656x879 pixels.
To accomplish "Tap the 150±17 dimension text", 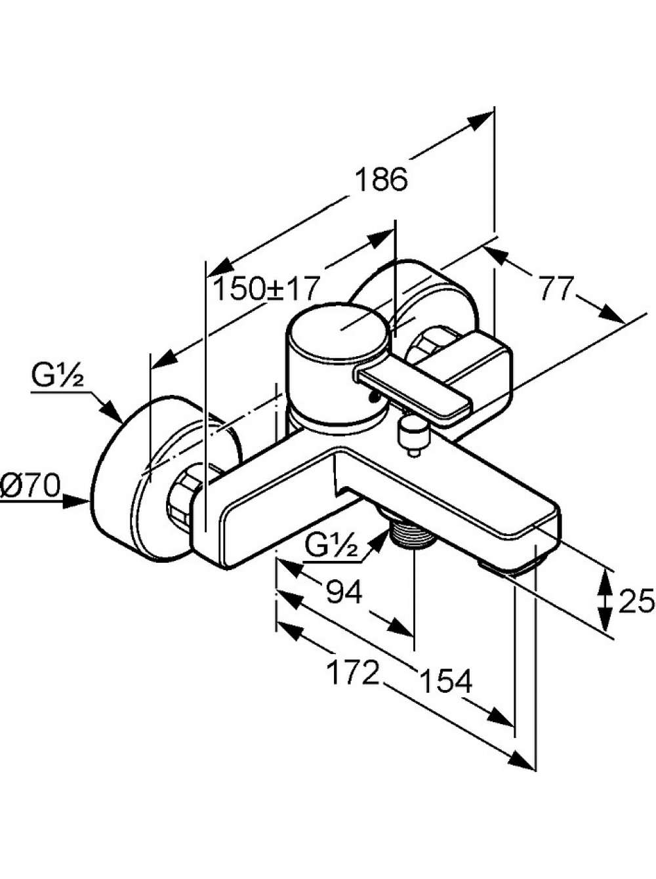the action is (266, 289).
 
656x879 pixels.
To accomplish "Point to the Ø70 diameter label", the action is (30, 486).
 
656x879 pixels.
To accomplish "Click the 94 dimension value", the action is (344, 590).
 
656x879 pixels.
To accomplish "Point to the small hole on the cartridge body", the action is (375, 398).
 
